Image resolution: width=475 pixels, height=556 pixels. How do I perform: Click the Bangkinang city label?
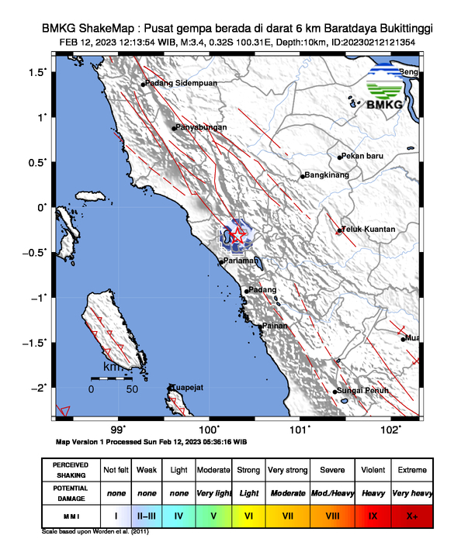click(328, 175)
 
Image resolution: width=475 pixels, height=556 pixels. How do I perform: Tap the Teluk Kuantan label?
click(369, 230)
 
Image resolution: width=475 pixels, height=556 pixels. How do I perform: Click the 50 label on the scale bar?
click(132, 389)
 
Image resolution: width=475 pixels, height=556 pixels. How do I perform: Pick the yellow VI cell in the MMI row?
click(249, 515)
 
